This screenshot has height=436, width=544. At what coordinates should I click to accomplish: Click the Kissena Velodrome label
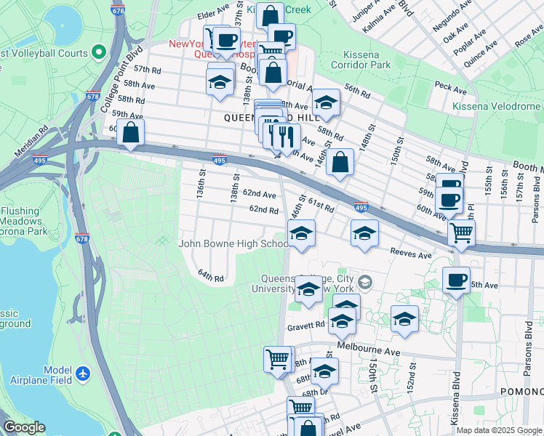pyautogui.click(x=496, y=107)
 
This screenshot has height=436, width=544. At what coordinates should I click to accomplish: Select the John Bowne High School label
pyautogui.click(x=233, y=244)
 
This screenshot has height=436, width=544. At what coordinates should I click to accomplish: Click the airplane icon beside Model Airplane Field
pyautogui.click(x=83, y=374)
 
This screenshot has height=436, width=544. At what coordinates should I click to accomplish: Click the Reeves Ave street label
pyautogui.click(x=411, y=255)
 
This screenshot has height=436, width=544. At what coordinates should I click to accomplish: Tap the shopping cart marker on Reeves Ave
pyautogui.click(x=460, y=233)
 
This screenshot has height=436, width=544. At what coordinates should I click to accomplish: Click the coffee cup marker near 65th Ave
pyautogui.click(x=456, y=280)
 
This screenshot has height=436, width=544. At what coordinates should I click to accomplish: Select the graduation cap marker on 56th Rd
pyautogui.click(x=326, y=103)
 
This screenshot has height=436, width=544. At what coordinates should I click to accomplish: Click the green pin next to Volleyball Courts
pyautogui.click(x=99, y=52)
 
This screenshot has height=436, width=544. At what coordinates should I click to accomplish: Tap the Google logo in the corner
pyautogui.click(x=24, y=427)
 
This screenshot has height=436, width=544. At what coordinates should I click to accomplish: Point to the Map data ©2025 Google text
pyautogui.click(x=499, y=430)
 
